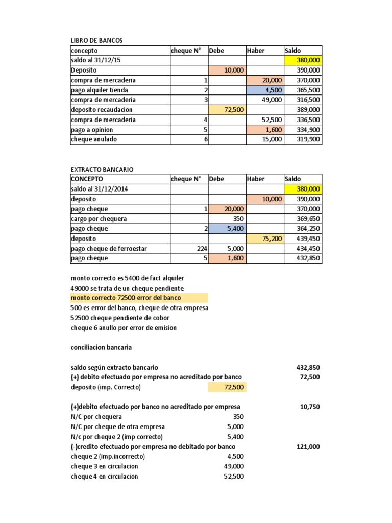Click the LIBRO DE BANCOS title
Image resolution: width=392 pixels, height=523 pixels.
pos(96,40)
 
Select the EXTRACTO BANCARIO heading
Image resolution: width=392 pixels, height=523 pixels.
pos(102,169)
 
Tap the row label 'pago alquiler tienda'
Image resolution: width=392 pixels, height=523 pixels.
pos(100,90)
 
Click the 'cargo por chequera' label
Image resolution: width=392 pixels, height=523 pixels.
pos(99,219)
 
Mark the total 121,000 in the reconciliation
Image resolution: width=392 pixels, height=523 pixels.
pos(308,446)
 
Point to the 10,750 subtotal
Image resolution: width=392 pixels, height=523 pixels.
pos(310,407)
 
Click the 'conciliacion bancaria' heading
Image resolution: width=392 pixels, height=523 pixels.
pos(101,347)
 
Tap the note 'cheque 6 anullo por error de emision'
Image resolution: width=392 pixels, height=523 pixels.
pos(124,328)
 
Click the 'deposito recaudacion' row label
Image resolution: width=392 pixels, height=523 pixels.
pos(102,110)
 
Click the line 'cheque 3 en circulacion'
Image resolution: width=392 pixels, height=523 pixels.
pos(105,466)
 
